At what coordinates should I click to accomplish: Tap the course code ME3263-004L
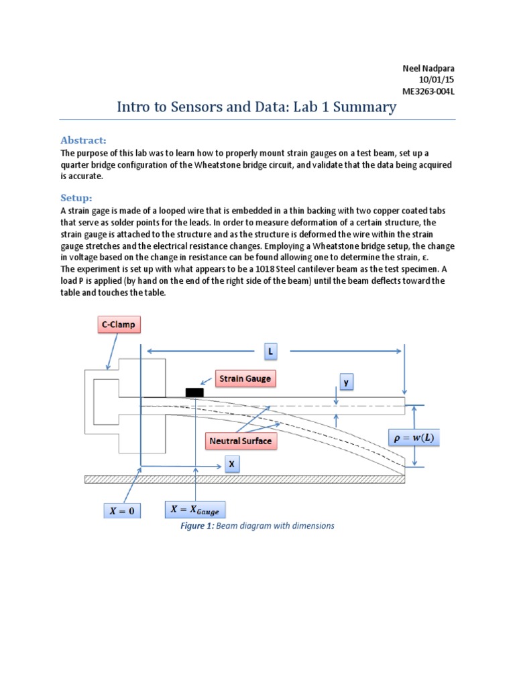[x=426, y=91]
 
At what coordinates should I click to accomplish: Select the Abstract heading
[x=84, y=140]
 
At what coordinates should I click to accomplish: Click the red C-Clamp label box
[x=118, y=325]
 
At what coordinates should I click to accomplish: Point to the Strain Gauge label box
[x=245, y=378]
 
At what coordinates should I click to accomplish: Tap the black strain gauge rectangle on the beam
[x=194, y=392]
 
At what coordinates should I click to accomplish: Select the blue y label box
[x=347, y=382]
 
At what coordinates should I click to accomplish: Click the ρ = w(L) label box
[x=412, y=438]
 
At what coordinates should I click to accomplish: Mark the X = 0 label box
[x=122, y=511]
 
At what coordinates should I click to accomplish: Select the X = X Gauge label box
[x=195, y=509]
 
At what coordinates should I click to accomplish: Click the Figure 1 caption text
[x=257, y=526]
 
